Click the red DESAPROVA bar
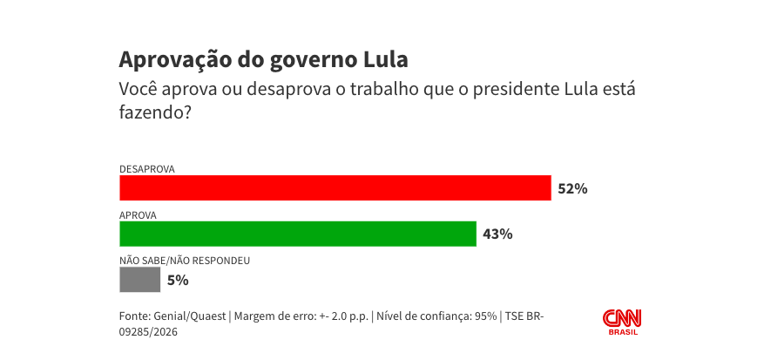335,188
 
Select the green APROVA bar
298,234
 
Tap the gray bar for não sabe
139,280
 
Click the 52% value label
573,188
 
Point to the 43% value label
497,234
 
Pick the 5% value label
178,280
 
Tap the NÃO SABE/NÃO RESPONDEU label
185,260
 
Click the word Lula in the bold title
384,60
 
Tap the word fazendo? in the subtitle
155,112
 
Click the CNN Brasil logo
622,321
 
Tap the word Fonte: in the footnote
134,316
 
